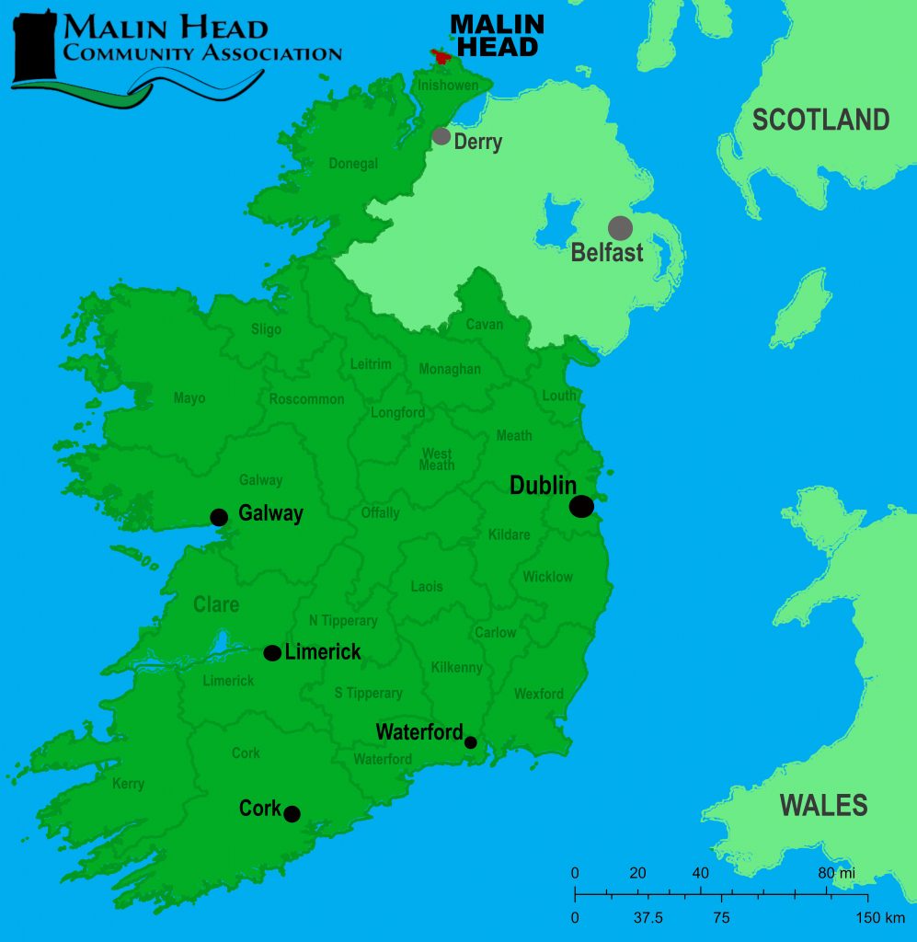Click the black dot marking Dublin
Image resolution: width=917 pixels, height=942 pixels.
pyautogui.click(x=581, y=506)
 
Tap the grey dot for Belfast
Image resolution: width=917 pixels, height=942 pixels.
pyautogui.click(x=621, y=228)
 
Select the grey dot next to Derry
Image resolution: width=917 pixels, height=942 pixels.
pyautogui.click(x=441, y=136)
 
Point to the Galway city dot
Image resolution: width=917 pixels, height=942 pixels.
pyautogui.click(x=219, y=517)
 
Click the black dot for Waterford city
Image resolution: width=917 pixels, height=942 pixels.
pyautogui.click(x=471, y=741)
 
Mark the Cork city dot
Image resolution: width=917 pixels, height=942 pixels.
pyautogui.click(x=292, y=813)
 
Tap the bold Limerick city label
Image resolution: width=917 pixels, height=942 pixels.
pyautogui.click(x=323, y=652)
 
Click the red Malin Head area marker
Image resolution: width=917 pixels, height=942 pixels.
pyautogui.click(x=442, y=57)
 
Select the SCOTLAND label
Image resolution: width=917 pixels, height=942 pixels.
pyautogui.click(x=820, y=120)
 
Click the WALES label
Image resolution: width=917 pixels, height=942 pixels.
pyautogui.click(x=823, y=805)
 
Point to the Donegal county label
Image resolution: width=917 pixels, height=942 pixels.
pyautogui.click(x=353, y=164)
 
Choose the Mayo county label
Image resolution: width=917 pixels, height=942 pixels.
pyautogui.click(x=189, y=398)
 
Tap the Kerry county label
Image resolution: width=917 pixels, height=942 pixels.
pyautogui.click(x=129, y=784)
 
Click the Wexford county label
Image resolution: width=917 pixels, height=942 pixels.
pyautogui.click(x=538, y=694)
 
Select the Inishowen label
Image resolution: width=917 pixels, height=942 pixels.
pyautogui.click(x=448, y=86)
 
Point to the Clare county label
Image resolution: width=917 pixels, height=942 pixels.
pyautogui.click(x=216, y=604)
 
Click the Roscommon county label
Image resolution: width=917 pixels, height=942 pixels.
pyautogui.click(x=306, y=399)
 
